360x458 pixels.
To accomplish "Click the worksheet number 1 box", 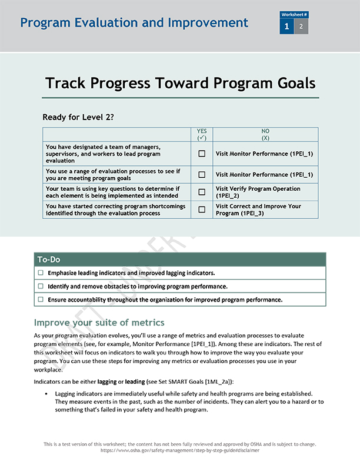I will coord(286,26).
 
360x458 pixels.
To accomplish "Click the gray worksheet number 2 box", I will coord(301,26).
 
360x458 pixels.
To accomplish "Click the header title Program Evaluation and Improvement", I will coord(134,23).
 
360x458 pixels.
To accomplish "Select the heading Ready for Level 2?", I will coord(78,117).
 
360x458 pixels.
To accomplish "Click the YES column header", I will coord(202,134).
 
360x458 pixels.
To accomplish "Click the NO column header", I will coord(265,134).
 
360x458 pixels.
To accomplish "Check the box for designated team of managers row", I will coord(202,154).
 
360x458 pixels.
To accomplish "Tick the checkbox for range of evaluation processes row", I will coord(202,174).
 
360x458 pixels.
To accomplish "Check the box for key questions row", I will coord(202,192).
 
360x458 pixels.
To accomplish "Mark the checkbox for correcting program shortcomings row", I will coord(202,210).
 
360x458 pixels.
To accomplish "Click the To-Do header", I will coord(49,260).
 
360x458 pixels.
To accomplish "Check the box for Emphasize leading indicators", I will coord(41,273).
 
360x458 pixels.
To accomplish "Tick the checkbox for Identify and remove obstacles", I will coord(41,286).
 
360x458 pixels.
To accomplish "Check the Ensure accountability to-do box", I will coord(41,299).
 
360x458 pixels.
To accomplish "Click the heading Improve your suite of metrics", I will coord(99,323).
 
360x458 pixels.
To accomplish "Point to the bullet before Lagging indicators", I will coord(46,393).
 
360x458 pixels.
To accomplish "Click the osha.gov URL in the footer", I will coord(179,450).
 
